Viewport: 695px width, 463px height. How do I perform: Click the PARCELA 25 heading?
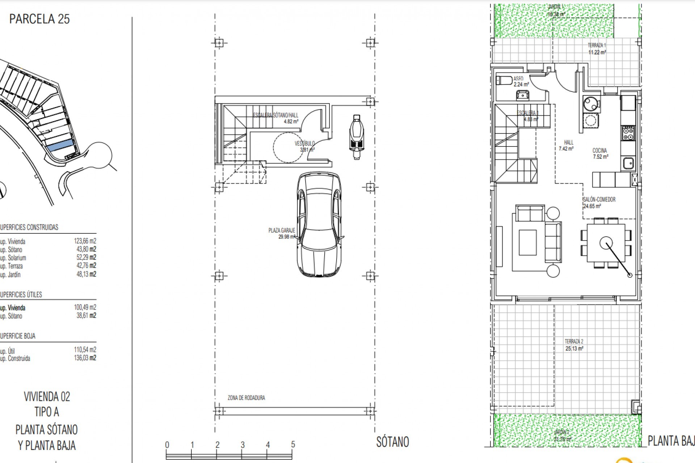(39, 19)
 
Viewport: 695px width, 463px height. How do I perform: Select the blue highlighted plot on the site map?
(60, 146)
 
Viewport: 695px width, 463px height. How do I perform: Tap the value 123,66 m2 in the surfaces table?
(85, 241)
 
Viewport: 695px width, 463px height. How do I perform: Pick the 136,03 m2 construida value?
(85, 358)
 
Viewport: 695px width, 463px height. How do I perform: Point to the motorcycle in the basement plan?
(355, 137)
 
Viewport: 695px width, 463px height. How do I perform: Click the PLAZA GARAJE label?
(282, 230)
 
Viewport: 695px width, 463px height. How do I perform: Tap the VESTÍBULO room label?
(304, 144)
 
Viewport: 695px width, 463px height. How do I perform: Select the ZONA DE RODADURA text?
(246, 398)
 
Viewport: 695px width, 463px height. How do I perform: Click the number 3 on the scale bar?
(243, 445)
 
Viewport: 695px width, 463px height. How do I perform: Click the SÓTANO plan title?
(392, 442)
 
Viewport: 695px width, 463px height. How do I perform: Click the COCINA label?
(600, 150)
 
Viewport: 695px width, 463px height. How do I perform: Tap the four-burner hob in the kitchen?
(628, 133)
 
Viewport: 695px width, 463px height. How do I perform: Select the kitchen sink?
(628, 163)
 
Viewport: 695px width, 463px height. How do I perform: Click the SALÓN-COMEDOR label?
(599, 199)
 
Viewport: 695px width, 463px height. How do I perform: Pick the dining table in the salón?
(606, 243)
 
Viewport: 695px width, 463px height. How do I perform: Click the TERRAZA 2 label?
(574, 341)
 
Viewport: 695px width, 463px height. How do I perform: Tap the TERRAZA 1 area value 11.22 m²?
(597, 52)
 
